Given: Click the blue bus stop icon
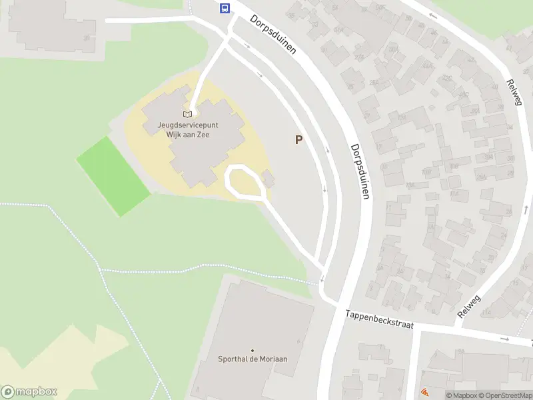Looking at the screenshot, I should (x=225, y=9).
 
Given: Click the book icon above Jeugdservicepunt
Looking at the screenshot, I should (x=187, y=114).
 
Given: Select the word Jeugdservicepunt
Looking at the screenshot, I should (x=192, y=125).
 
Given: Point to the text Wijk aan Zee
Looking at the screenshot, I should (x=192, y=134).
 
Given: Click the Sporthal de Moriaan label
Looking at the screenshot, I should (x=253, y=359).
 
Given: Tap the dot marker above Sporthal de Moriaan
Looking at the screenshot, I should (x=253, y=350).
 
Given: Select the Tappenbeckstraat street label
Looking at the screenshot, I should (x=379, y=319).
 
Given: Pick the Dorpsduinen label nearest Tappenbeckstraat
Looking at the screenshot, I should (x=360, y=171).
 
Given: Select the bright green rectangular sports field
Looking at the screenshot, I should (x=113, y=176).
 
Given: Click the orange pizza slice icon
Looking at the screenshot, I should (x=424, y=393).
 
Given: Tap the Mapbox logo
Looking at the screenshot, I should (x=29, y=392).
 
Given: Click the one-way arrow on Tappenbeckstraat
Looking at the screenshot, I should (x=505, y=339).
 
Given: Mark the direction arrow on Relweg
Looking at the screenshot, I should (x=433, y=15).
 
